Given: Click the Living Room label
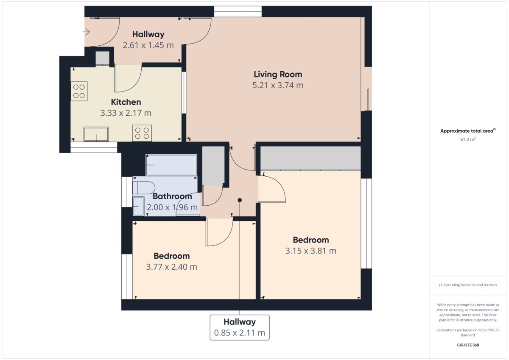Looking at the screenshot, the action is click(x=278, y=74).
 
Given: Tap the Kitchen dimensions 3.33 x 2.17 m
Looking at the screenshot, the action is click(x=126, y=113).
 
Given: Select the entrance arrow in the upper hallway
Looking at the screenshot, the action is click(x=86, y=32).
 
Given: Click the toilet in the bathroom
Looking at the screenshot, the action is click(x=144, y=187).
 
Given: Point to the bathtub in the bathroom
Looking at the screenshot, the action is click(x=171, y=165).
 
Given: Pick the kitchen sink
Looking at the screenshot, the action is click(x=96, y=134).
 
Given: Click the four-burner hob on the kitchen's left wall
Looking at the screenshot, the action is click(x=79, y=91).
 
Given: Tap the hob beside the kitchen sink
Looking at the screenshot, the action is click(x=142, y=133).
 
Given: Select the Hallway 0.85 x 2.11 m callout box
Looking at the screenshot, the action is click(x=240, y=327).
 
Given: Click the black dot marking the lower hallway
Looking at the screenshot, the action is click(x=240, y=200).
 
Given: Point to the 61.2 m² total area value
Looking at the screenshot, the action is click(x=468, y=139).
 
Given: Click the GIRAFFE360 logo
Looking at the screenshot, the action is click(x=468, y=345).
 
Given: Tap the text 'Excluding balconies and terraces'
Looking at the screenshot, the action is click(x=470, y=285).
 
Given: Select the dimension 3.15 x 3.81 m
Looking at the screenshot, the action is click(x=310, y=251).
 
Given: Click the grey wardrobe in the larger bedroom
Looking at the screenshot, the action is click(x=310, y=158).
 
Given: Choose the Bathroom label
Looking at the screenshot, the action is click(x=172, y=196).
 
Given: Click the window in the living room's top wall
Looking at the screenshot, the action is click(x=238, y=11).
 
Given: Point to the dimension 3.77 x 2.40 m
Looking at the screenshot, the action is click(x=171, y=267).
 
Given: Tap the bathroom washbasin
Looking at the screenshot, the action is click(x=138, y=206).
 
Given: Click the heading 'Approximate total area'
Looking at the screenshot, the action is click(x=467, y=131).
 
